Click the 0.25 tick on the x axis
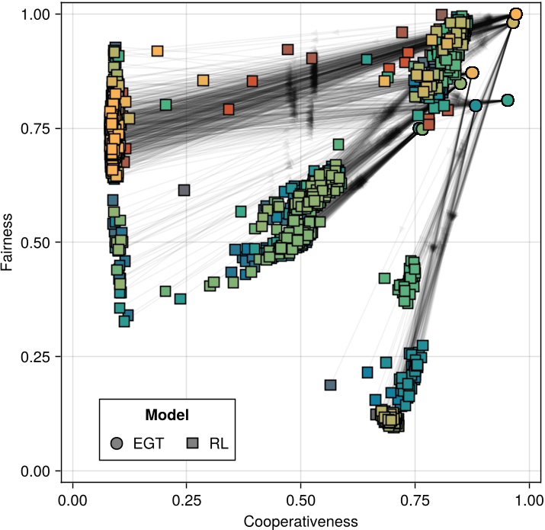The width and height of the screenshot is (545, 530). tap(186, 483)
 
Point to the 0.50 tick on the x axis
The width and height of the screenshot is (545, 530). tap(300, 483)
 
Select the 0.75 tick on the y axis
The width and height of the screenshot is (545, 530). tap(61, 128)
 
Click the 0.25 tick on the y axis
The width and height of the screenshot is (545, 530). tap(61, 357)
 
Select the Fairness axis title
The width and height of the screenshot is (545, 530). tap(8, 243)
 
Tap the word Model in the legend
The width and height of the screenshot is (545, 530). tap(167, 415)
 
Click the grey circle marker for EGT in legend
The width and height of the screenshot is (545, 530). tap(117, 443)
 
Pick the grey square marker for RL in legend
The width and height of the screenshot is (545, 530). tap(193, 443)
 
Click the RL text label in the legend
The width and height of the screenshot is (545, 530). tap(219, 443)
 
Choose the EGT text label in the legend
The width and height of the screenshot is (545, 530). tap(148, 443)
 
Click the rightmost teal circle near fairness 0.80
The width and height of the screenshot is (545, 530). tap(508, 100)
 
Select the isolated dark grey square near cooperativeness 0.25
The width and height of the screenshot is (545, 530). tap(184, 190)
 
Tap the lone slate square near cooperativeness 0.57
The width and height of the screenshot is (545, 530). tap(330, 385)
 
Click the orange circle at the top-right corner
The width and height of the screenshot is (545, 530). tap(516, 14)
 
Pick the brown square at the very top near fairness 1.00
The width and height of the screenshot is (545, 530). tap(441, 14)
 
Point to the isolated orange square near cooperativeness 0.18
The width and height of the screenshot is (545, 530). tap(157, 51)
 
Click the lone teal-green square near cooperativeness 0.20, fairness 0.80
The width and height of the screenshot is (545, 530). tap(165, 104)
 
